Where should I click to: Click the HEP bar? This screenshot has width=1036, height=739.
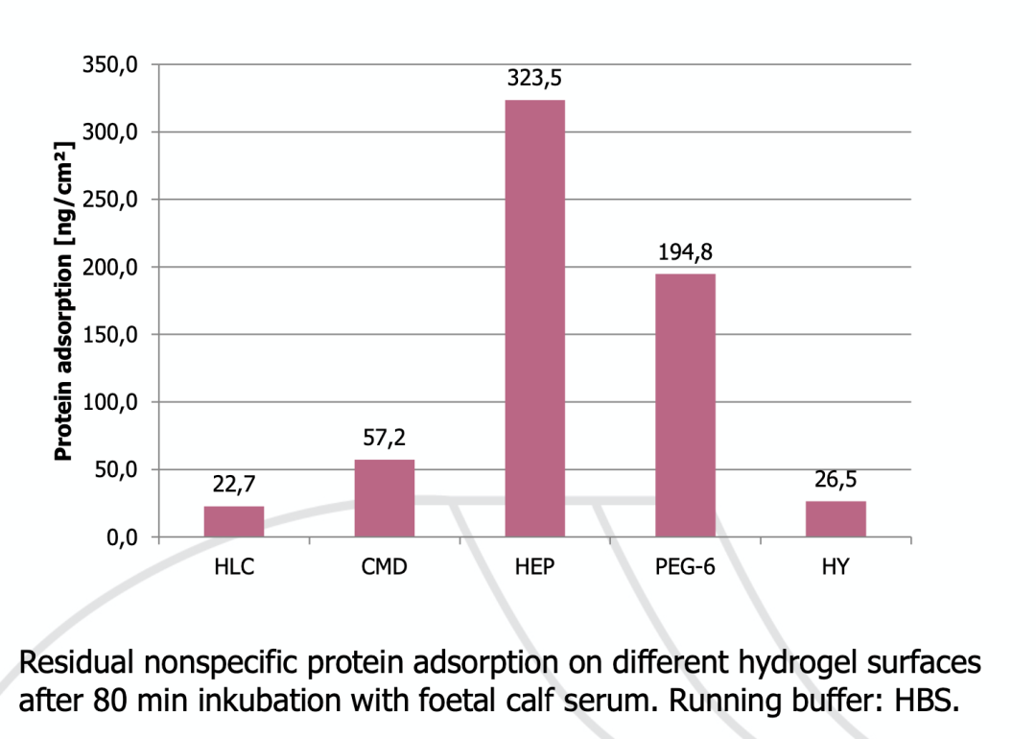[534, 318]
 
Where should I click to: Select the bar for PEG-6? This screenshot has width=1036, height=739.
[685, 404]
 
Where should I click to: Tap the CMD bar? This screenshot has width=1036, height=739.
[385, 497]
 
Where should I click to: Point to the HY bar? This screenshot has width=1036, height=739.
[836, 519]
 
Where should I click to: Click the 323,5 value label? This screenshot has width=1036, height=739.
[534, 80]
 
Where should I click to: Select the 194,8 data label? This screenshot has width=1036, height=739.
[685, 253]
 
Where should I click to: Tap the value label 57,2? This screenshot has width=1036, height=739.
[385, 440]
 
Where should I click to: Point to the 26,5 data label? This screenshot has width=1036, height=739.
[836, 481]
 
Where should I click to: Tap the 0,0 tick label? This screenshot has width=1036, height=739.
[123, 537]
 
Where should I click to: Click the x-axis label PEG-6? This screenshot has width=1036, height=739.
[685, 567]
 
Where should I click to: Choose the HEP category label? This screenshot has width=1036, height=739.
[534, 567]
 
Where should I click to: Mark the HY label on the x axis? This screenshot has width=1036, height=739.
[836, 567]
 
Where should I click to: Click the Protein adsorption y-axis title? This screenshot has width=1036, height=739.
[63, 302]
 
